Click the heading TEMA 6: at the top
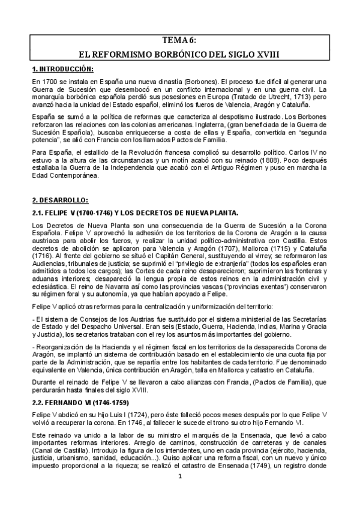(x=179, y=40)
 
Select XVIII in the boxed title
(x=266, y=53)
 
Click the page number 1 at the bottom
(x=179, y=493)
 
